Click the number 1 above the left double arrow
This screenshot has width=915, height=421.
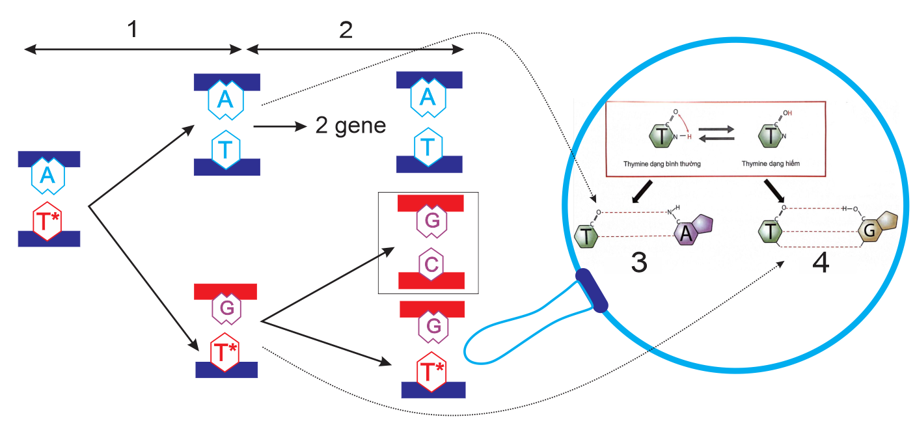pyautogui.click(x=133, y=29)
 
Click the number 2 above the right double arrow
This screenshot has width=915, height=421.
pyautogui.click(x=346, y=29)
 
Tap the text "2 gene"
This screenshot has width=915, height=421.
pyautogui.click(x=350, y=126)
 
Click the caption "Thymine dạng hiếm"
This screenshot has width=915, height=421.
pyautogui.click(x=769, y=164)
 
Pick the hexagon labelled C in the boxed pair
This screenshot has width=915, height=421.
pyautogui.click(x=431, y=264)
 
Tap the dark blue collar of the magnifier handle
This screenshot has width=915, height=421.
pyautogui.click(x=592, y=290)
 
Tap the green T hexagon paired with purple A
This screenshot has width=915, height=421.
pyautogui.click(x=587, y=235)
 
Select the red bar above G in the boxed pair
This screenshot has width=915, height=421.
pyautogui.click(x=430, y=203)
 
